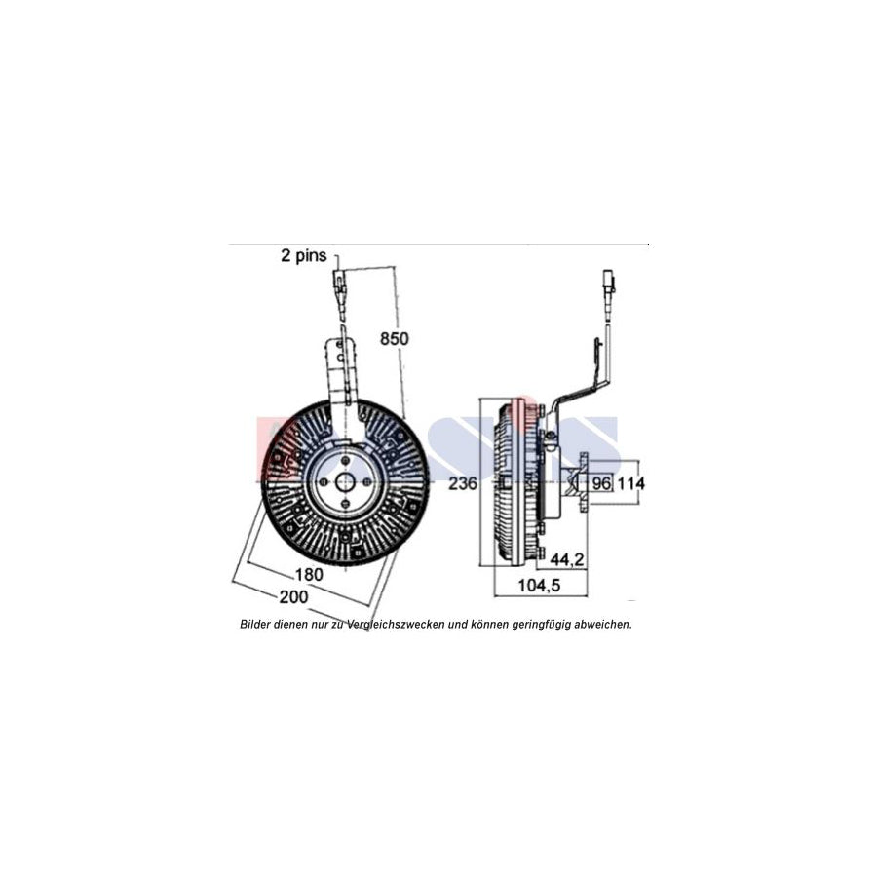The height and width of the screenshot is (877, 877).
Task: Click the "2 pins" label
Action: click(x=303, y=256)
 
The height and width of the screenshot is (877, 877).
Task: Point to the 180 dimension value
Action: click(x=308, y=574)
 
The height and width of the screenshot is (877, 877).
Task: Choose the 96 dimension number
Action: click(x=601, y=482)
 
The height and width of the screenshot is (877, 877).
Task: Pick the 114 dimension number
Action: click(x=632, y=482)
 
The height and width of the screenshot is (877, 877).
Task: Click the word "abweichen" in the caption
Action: click(x=601, y=624)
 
